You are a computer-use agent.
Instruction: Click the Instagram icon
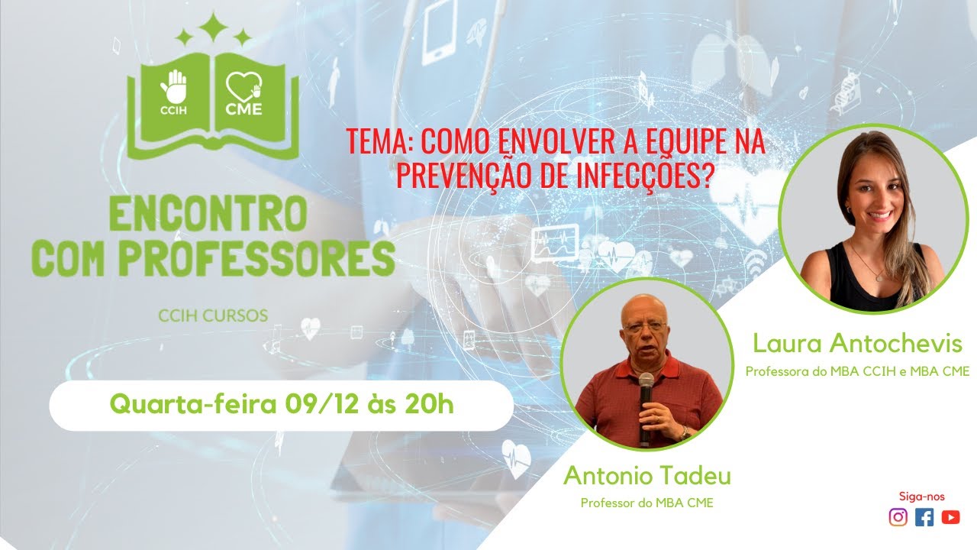pyautogui.click(x=898, y=517)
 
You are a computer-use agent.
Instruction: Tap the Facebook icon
pyautogui.click(x=924, y=517)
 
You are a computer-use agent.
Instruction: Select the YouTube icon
pyautogui.click(x=950, y=517)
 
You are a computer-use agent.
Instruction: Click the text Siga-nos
pyautogui.click(x=921, y=497)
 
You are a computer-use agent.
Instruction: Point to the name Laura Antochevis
pyautogui.click(x=857, y=343)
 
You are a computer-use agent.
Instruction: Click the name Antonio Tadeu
pyautogui.click(x=647, y=475)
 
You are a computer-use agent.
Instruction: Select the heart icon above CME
pyautogui.click(x=243, y=86)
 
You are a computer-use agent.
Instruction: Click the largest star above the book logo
pyautogui.click(x=213, y=27)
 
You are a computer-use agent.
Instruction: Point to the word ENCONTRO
pyautogui.click(x=208, y=213)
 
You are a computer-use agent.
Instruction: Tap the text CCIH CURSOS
pyautogui.click(x=213, y=315)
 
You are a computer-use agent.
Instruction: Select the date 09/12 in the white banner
pyautogui.click(x=322, y=405)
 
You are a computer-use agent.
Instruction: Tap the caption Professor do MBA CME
pyautogui.click(x=647, y=503)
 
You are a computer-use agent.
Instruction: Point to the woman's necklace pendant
pyautogui.click(x=879, y=277)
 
